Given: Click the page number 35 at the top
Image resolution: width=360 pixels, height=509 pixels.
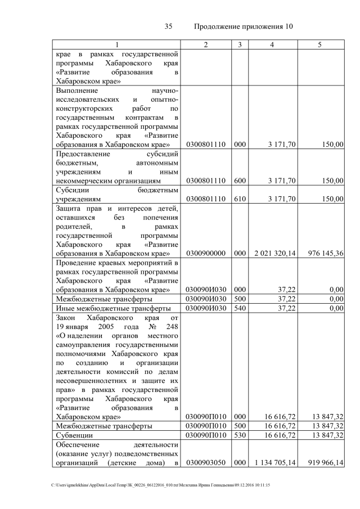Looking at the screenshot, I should point(168,26).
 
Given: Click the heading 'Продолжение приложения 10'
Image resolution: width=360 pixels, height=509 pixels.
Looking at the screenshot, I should point(243,26).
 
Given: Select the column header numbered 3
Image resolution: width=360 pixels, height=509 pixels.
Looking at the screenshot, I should point(240,44).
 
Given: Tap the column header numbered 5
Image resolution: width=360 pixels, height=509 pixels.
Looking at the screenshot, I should point(319,44).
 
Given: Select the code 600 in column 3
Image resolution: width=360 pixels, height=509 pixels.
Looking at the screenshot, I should point(240,181).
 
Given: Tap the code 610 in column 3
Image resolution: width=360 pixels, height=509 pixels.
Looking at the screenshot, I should point(240,199).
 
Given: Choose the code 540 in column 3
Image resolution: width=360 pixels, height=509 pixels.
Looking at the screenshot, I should point(240,308).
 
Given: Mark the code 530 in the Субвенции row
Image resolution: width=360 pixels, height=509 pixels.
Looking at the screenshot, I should point(240,435).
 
